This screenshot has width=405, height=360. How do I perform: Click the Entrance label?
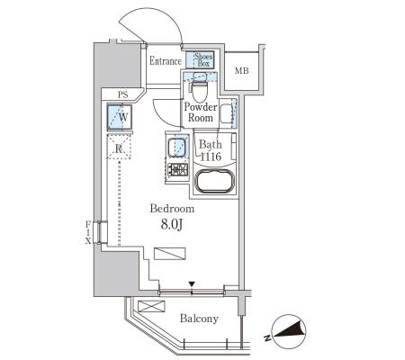(166, 61)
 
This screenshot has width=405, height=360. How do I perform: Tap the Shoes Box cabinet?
(200, 59)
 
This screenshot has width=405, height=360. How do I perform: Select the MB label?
(242, 71)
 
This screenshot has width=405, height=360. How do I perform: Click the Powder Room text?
(201, 112)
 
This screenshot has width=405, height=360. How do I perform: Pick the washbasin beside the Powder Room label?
(227, 113)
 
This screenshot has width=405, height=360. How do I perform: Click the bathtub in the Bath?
(214, 181)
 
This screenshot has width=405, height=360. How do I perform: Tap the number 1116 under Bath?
(211, 157)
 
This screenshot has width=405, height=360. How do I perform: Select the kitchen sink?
(176, 148)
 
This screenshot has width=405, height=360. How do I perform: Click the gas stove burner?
(177, 169)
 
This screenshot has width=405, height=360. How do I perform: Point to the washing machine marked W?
(120, 117)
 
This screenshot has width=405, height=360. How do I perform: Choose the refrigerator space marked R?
(119, 147)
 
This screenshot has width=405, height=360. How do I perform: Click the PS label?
(123, 95)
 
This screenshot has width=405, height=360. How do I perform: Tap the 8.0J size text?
(172, 224)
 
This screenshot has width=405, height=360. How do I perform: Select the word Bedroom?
(172, 209)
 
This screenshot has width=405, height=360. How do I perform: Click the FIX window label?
(88, 232)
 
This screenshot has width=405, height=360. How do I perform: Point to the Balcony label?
(199, 319)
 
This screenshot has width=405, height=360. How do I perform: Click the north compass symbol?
(288, 331)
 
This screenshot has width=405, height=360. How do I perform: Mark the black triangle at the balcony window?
(192, 283)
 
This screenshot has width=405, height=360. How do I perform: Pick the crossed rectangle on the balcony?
(151, 307)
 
